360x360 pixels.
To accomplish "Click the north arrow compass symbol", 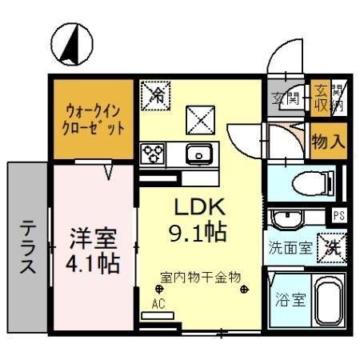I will (67, 44).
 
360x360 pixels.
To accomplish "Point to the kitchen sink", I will (197, 153).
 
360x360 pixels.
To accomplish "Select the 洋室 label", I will (90, 238).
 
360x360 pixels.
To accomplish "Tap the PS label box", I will (338, 215).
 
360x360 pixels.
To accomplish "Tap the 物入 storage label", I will (327, 142).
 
